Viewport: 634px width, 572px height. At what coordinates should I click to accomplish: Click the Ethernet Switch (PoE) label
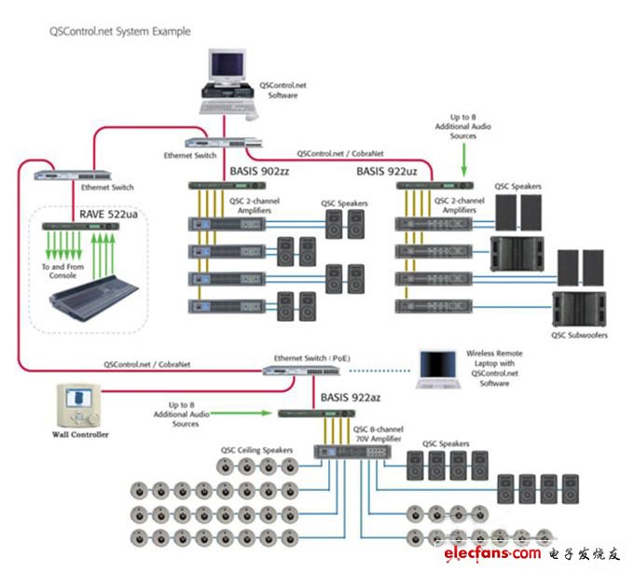coord(309,357)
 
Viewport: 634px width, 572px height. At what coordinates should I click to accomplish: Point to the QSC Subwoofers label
coord(580,335)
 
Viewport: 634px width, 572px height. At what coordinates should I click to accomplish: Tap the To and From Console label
coord(61,272)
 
